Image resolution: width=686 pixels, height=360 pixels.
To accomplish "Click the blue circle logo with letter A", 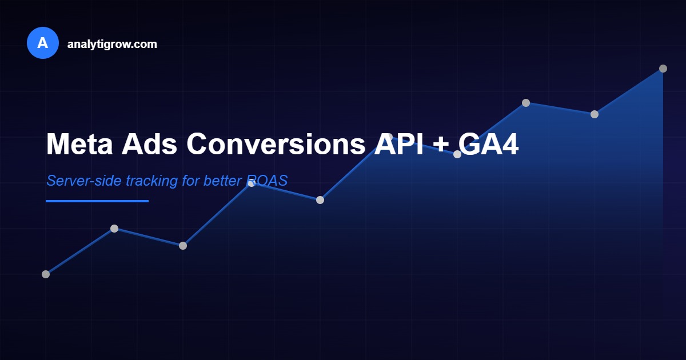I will (43, 43).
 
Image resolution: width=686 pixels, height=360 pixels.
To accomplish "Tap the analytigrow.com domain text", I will (112, 44).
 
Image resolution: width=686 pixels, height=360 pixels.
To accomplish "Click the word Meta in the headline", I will (78, 144).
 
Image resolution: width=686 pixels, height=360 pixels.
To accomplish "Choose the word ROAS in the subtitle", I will (267, 181).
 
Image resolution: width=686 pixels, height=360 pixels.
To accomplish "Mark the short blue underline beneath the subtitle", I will (97, 201).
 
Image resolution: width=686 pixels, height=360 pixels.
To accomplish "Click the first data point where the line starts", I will (46, 274).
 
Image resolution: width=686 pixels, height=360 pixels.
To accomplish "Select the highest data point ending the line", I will (663, 69).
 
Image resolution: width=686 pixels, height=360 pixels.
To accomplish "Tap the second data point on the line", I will (114, 229).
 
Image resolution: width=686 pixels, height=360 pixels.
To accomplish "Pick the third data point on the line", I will (183, 246).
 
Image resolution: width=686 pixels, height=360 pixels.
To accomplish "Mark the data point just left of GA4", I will (457, 154).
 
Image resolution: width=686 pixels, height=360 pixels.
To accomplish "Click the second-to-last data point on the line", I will (595, 114).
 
